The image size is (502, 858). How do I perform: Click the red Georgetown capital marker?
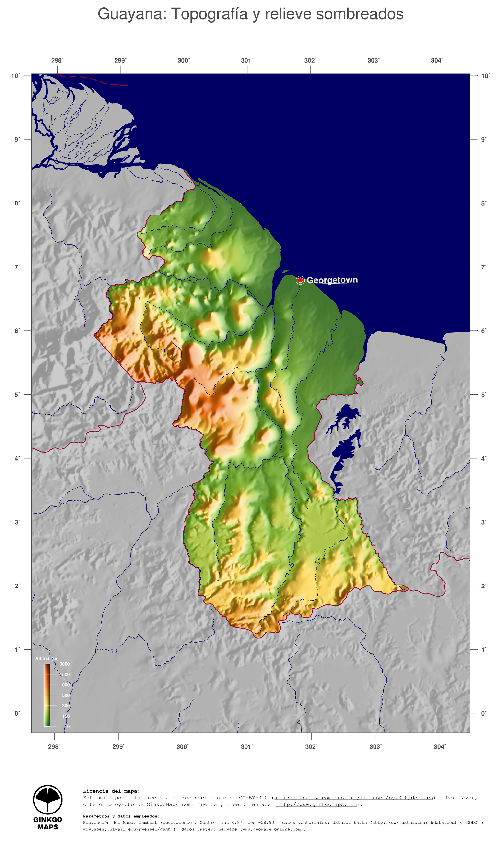click(x=300, y=280)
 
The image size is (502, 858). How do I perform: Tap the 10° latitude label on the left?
click(x=15, y=76)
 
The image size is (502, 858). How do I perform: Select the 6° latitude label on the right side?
click(x=483, y=331)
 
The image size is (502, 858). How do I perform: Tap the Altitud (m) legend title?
click(x=47, y=658)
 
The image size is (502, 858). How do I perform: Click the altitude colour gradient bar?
click(x=47, y=695)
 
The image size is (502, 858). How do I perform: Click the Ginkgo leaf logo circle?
click(x=48, y=800)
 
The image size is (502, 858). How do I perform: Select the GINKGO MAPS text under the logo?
click(x=48, y=823)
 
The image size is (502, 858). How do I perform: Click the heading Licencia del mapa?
click(x=111, y=791)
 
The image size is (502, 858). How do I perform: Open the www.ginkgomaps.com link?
click(x=317, y=804)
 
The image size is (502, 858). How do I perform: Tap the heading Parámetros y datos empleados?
click(x=121, y=816)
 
